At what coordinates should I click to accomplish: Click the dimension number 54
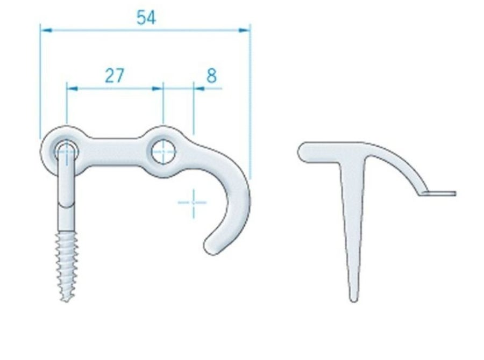pos(146,18)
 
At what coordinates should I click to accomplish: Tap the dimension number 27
pos(115,76)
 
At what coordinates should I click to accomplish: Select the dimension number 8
pos(211,76)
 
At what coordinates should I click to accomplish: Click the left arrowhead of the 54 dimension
pos(46,30)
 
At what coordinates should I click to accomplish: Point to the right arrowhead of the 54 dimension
pos(245,30)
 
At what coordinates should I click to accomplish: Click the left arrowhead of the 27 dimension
pos(72,89)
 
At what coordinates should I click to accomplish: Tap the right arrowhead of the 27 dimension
pos(158,89)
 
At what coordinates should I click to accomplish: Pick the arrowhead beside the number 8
pos(199,89)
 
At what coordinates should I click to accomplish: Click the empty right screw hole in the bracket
pos(163,152)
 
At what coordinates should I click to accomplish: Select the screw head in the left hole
pos(66,152)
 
